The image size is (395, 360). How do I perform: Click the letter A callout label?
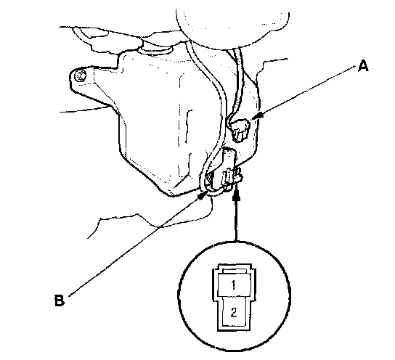tap(363, 66)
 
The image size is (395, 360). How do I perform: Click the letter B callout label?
tap(60, 300)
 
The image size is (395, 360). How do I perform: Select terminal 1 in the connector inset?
tap(234, 285)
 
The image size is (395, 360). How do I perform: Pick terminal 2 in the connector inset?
tap(234, 312)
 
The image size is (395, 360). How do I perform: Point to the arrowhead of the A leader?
tap(257, 117)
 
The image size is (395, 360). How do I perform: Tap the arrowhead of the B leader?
tap(202, 196)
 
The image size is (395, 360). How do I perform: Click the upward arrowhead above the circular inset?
tap(236, 195)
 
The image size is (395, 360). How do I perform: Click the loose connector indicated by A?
tap(240, 130)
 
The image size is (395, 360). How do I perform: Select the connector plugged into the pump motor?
tap(232, 178)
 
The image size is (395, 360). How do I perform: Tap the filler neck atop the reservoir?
tap(158, 48)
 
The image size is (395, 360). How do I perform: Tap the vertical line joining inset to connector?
tap(236, 219)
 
